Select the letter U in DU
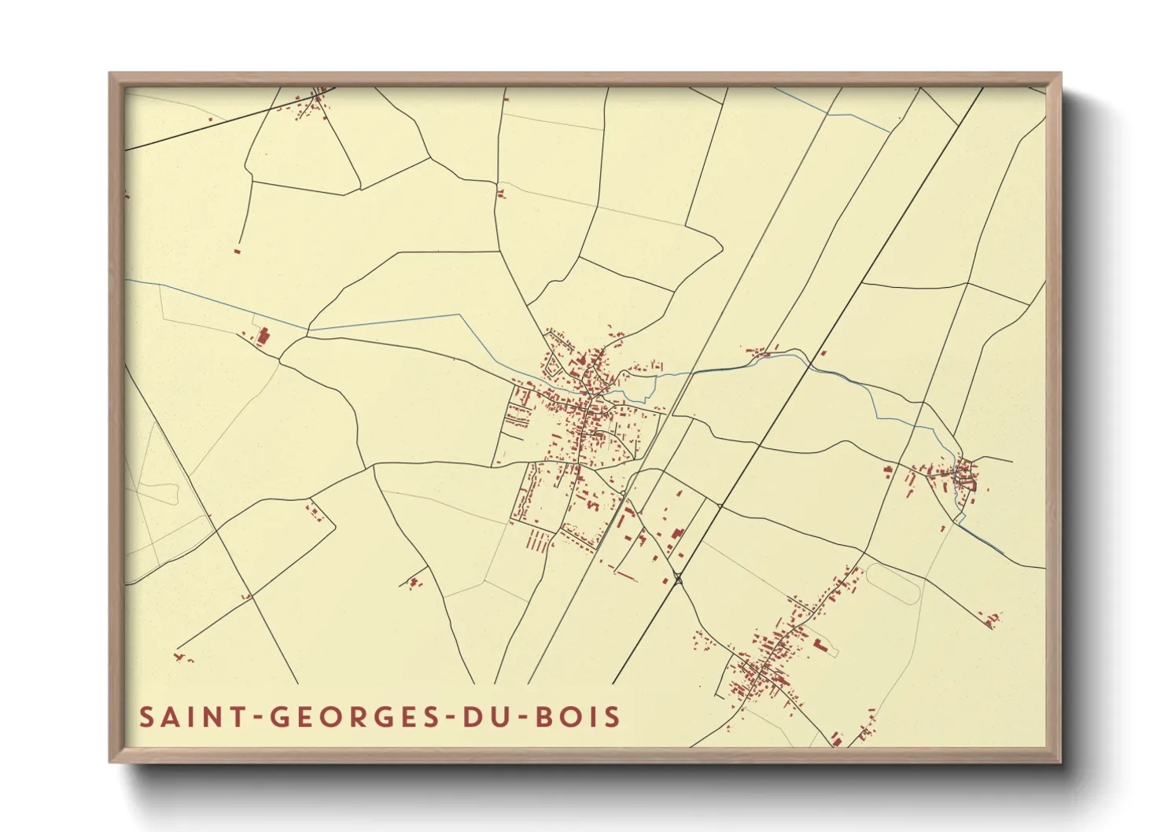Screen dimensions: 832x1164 (x=502, y=717)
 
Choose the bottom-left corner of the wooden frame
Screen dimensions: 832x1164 (x=110, y=761)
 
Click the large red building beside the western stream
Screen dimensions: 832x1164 (x=263, y=336)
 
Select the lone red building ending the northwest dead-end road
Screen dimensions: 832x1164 (x=238, y=251)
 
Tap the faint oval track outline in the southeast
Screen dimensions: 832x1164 (x=892, y=583)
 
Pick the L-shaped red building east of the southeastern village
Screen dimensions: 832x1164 (x=820, y=646)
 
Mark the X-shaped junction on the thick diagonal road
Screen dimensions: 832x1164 (x=678, y=580)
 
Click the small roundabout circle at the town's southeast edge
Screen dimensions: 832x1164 (x=623, y=493)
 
